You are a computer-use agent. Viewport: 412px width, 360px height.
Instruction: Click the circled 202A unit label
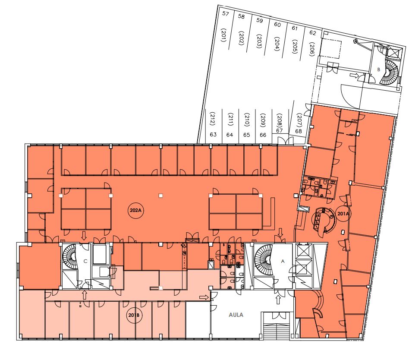[135, 210]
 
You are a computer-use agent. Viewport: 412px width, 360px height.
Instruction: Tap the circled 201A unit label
[343, 214]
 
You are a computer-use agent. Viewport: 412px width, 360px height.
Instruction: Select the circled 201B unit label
[134, 315]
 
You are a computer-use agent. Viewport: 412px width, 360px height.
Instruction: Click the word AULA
[236, 315]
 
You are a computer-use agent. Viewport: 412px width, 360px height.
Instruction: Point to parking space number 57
[226, 13]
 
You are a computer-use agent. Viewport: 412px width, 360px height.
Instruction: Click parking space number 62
[313, 33]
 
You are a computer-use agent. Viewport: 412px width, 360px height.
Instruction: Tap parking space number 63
[213, 135]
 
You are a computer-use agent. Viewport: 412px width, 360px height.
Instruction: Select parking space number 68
[299, 131]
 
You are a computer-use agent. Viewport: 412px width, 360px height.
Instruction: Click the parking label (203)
[259, 41]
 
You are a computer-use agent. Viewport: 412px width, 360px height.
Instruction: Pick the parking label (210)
[247, 120]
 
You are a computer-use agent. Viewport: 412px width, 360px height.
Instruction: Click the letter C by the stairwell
[85, 261]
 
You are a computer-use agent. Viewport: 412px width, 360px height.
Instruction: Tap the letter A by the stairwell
[283, 261]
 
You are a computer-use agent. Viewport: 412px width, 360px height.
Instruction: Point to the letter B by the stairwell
[379, 69]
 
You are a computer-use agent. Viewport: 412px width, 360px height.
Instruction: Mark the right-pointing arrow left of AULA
[204, 297]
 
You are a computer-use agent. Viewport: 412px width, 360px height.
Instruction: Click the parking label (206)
[312, 49]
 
